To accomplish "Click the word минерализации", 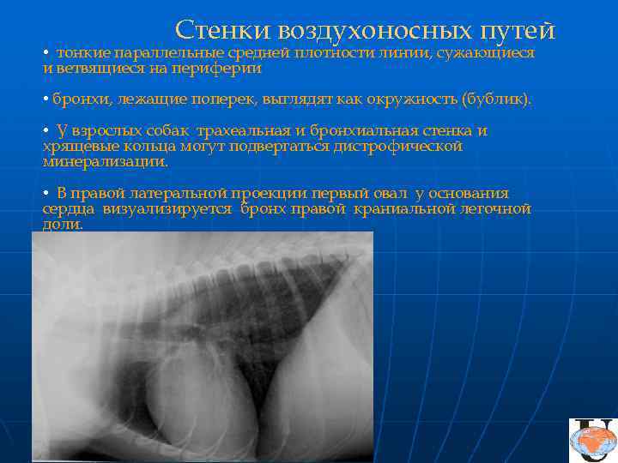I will coord(106,160).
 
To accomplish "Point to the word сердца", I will coord(70,208).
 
